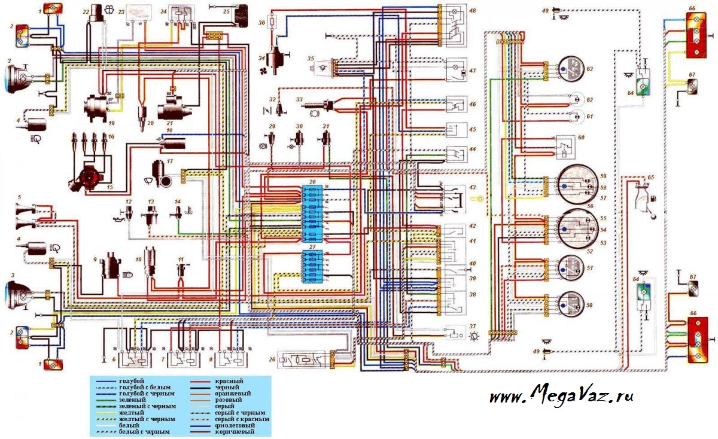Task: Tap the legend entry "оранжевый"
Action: pos(230,394)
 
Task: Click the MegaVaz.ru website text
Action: pos(561,395)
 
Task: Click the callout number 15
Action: pos(109,187)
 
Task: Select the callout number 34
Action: pos(261,58)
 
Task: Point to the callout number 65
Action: pos(650,178)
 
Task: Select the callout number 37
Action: pos(473,327)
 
